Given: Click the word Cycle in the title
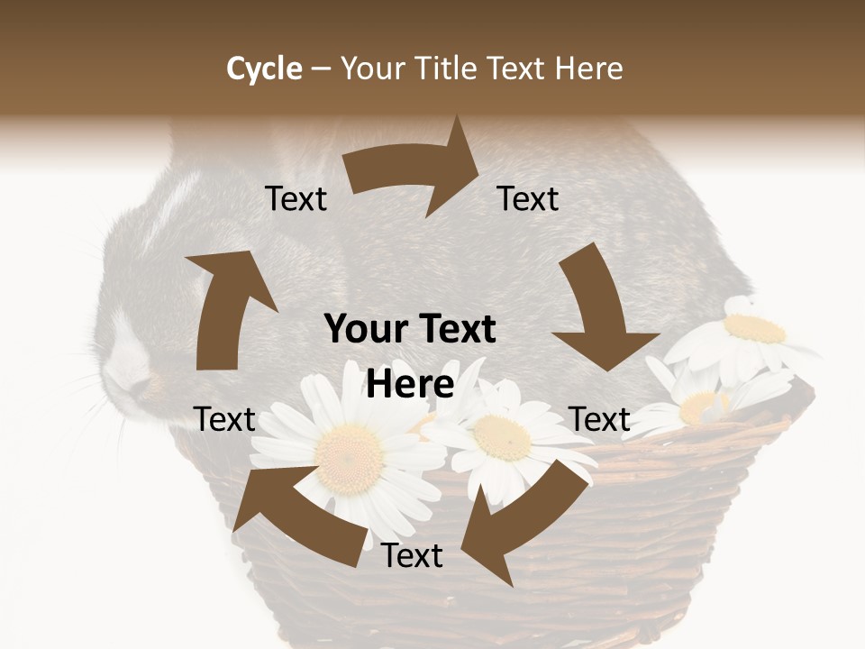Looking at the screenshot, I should [x=264, y=69].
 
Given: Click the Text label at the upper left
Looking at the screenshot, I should [x=296, y=199].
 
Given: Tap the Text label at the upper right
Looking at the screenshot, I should [x=528, y=199].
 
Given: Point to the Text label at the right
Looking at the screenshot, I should [x=599, y=419].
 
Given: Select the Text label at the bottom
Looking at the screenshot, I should [x=412, y=556].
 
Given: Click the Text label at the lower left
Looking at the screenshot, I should [x=224, y=419].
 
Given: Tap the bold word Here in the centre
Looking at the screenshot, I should [x=410, y=384].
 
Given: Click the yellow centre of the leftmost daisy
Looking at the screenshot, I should [x=349, y=446].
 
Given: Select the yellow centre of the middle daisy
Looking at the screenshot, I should [x=502, y=437].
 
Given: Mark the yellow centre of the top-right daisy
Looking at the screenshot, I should [x=755, y=329].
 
